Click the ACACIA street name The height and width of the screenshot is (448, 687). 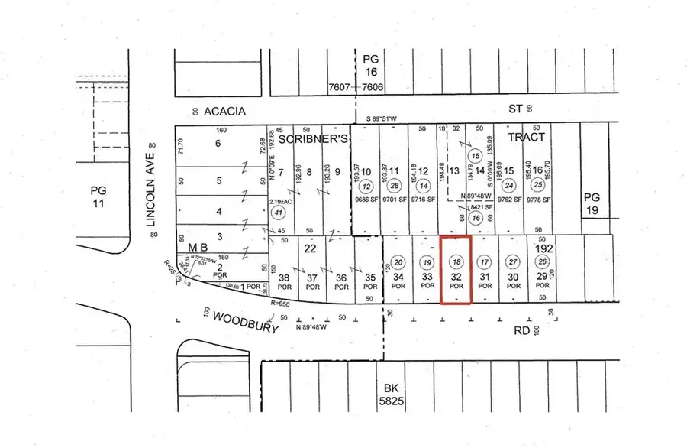point(224,111)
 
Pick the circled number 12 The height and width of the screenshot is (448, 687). point(367,187)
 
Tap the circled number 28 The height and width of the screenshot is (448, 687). point(395,187)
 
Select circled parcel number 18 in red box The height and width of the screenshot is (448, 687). point(456,261)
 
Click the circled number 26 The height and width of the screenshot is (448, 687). point(542,261)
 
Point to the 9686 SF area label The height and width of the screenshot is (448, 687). point(367,201)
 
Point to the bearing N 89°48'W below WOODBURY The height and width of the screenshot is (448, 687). point(311,329)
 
